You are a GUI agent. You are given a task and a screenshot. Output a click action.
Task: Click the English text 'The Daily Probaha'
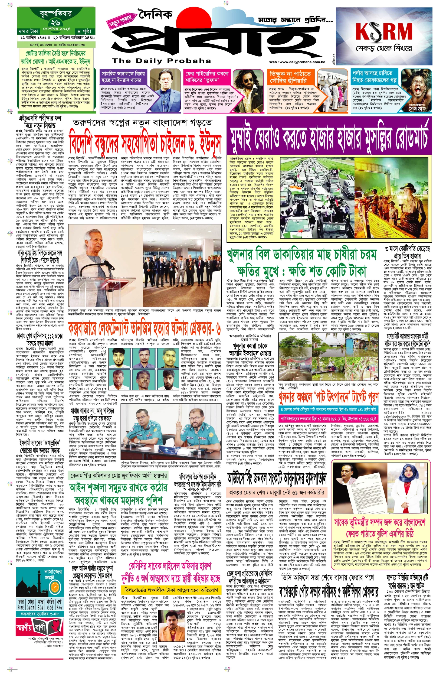tap(161, 61)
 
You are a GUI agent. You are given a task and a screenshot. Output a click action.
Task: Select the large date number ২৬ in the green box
tap(55, 23)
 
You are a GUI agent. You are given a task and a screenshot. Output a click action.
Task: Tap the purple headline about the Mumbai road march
tap(329, 136)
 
